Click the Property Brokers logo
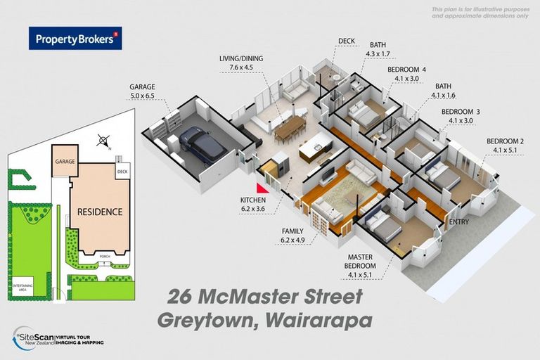pos(75,38)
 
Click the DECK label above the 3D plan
pos(347,41)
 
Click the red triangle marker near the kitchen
pos(263,188)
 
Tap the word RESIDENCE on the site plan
pos(100,212)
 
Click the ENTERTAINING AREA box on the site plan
pos(22,285)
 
